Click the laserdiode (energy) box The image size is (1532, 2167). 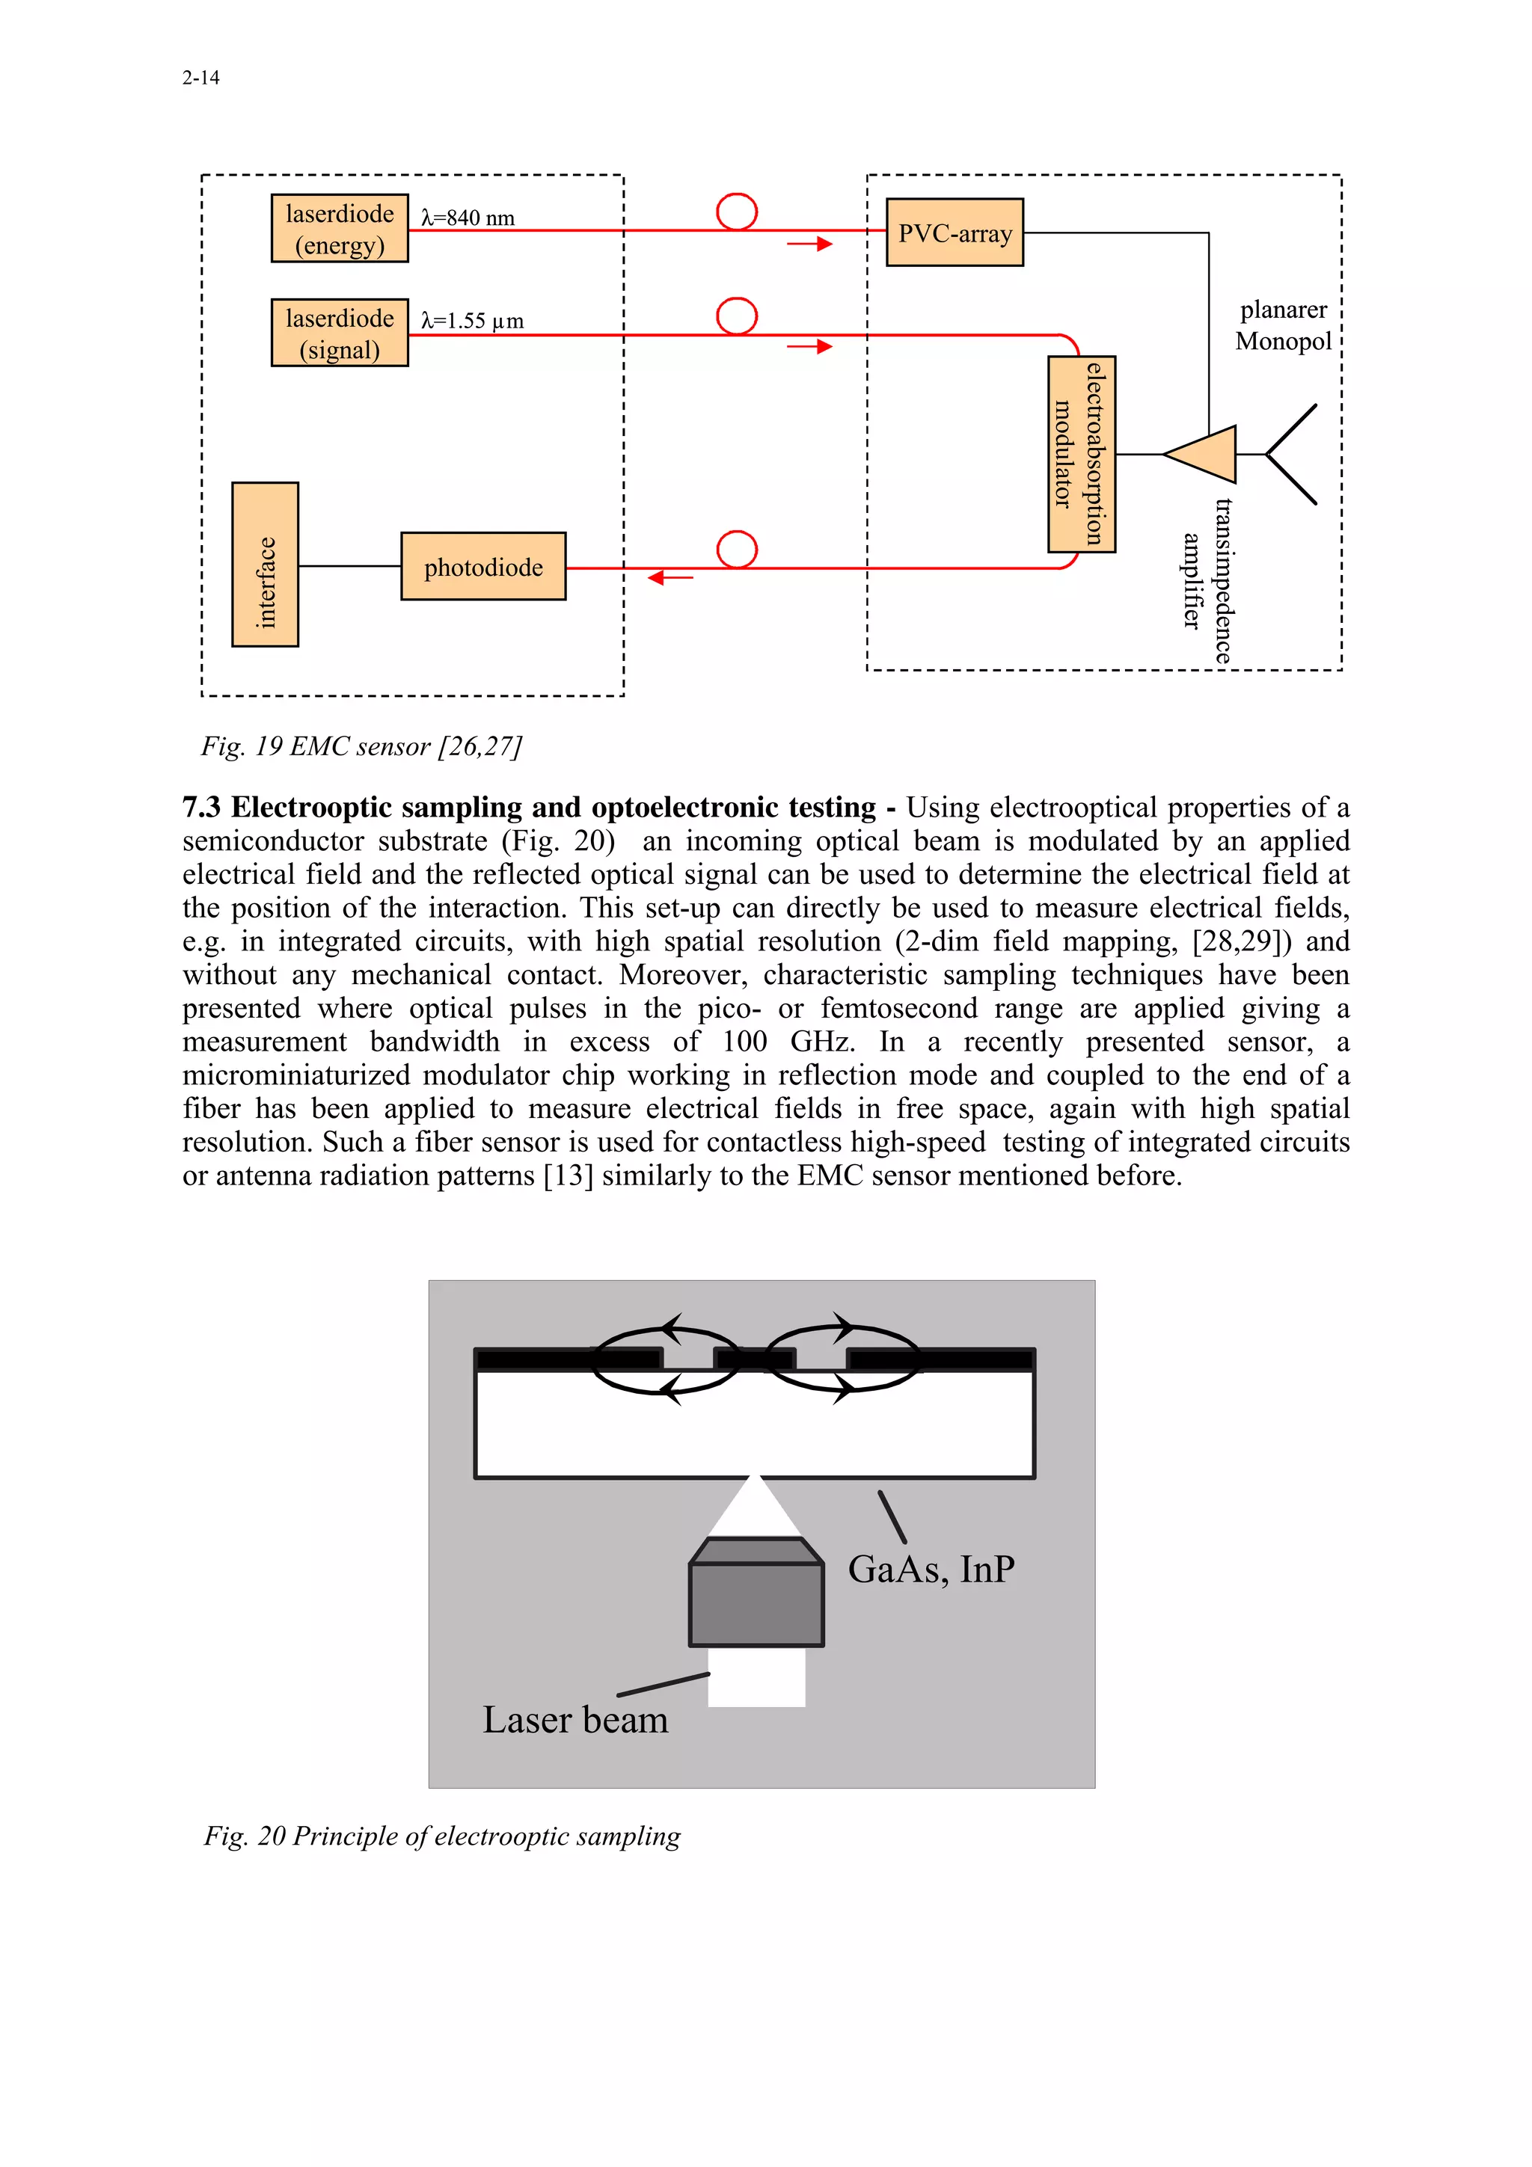339,228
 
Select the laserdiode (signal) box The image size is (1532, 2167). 339,332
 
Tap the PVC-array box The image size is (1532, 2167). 955,232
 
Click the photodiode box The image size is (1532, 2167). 482,566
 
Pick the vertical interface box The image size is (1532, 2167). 266,565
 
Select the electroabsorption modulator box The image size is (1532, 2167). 1081,454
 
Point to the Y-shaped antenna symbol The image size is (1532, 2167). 1291,454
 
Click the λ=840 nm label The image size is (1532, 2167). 468,218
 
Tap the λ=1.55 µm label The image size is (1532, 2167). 472,321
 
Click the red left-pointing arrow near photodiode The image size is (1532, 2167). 670,577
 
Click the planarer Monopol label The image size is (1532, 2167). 1283,325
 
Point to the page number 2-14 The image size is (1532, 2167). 200,79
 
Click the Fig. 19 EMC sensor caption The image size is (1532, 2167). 361,746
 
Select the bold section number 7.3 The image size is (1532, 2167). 201,807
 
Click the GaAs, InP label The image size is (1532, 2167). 931,1569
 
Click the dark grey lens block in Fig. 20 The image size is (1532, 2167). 756,1602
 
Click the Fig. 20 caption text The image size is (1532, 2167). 442,1836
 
